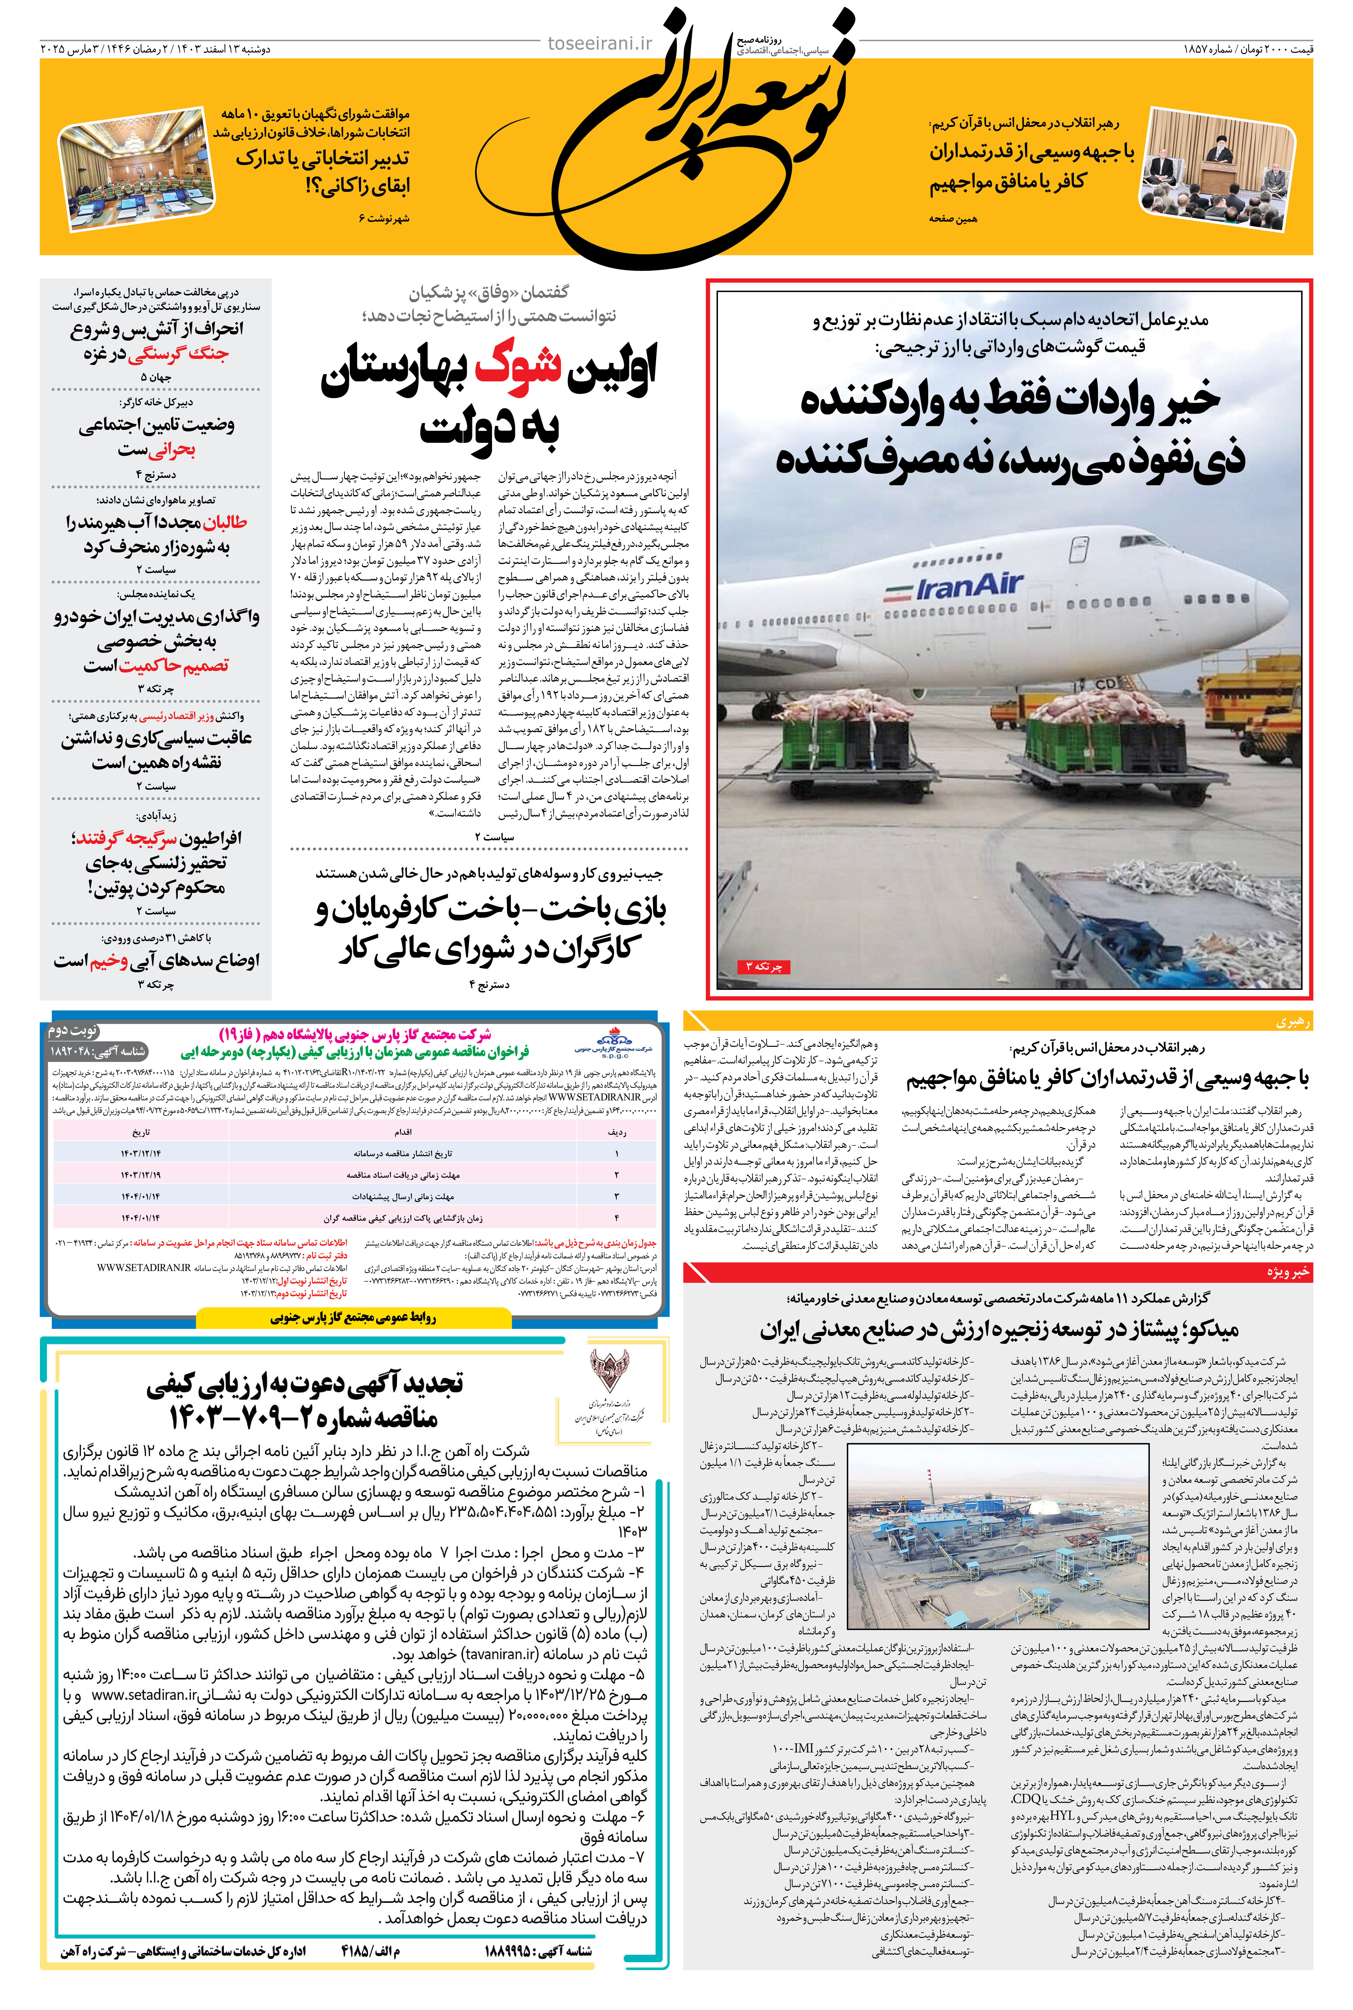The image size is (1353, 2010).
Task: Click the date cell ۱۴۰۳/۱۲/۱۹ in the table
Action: pos(141,1175)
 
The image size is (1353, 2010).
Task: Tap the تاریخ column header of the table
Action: pos(141,1131)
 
